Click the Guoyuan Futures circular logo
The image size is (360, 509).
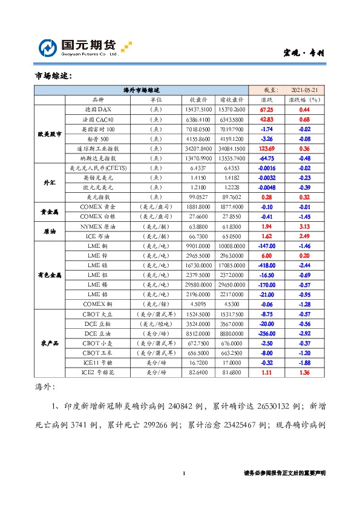[48, 48]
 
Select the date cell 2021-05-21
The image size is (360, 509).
[304, 89]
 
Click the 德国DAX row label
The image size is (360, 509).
[98, 109]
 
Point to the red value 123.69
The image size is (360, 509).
[266, 148]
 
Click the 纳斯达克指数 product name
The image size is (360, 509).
[98, 158]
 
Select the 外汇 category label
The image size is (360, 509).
[50, 182]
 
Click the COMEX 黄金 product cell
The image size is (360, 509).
[98, 206]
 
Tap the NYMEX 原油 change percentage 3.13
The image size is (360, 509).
[304, 226]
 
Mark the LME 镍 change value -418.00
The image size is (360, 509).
[266, 265]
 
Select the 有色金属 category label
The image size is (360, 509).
[50, 275]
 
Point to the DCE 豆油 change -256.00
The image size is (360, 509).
[266, 334]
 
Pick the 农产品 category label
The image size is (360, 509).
[50, 343]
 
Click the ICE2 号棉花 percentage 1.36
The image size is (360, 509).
[304, 373]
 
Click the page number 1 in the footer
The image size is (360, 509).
[183, 473]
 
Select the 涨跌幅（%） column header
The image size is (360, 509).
[304, 99]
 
